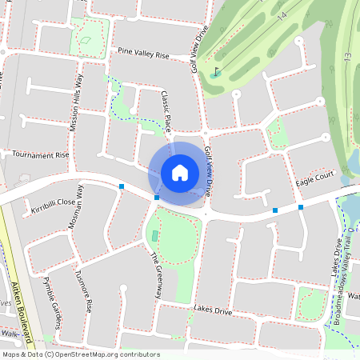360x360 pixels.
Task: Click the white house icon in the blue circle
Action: (x=180, y=172)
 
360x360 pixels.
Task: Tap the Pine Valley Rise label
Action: (x=144, y=55)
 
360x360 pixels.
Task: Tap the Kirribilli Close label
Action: (x=53, y=203)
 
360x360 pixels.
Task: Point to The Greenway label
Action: (x=157, y=275)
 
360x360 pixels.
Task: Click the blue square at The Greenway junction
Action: (x=157, y=197)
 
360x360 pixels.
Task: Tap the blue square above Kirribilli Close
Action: (x=122, y=186)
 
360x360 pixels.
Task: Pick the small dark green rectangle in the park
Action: (x=154, y=235)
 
